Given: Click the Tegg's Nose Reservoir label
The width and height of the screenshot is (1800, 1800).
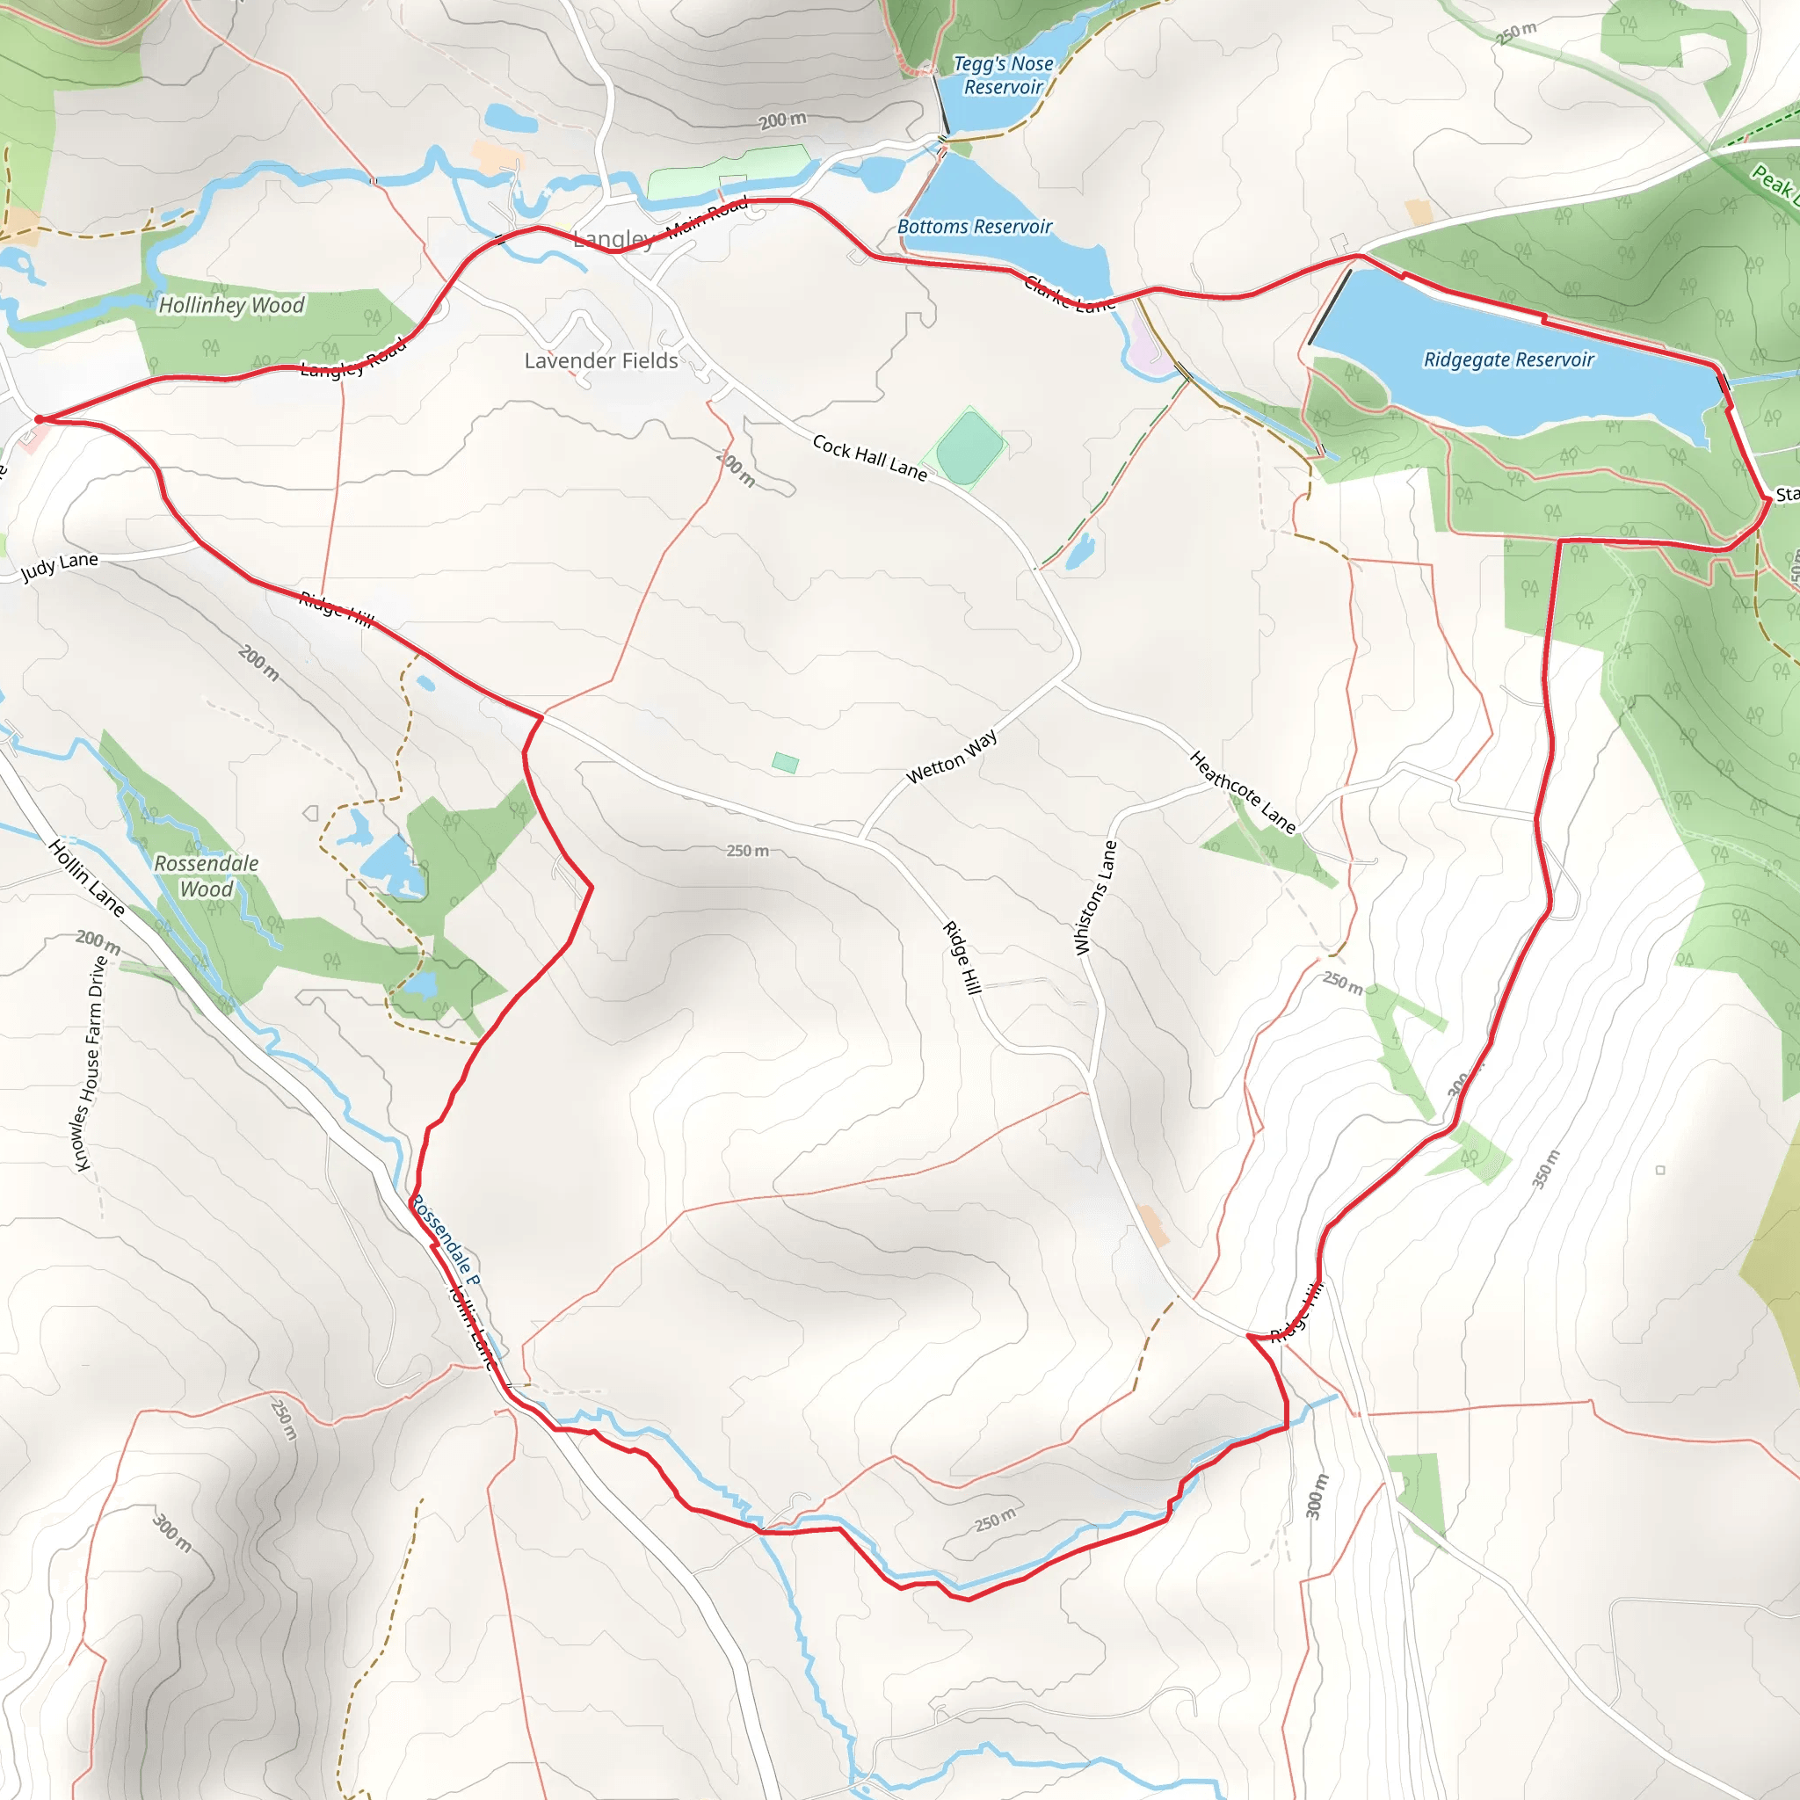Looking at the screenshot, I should [1003, 76].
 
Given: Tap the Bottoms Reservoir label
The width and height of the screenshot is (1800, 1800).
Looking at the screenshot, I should [974, 227].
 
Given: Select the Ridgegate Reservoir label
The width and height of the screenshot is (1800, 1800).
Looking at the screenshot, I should [1508, 359].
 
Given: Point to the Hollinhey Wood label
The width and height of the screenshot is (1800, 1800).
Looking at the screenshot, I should [231, 305].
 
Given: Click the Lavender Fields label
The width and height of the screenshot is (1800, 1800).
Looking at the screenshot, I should [601, 360].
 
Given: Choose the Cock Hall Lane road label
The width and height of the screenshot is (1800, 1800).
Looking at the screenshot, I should [869, 457].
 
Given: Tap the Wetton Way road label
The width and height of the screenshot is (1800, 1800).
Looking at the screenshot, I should [951, 756].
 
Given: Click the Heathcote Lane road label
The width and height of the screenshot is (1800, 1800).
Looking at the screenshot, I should [1243, 792].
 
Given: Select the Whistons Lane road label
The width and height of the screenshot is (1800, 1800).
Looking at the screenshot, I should [1096, 897].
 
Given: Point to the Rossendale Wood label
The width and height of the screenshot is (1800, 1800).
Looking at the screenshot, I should [206, 875].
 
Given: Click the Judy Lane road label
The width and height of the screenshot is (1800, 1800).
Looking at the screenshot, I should [60, 565].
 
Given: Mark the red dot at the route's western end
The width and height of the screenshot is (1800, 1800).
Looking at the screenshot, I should [40, 419].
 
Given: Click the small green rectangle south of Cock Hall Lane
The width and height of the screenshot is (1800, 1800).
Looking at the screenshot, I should [785, 763].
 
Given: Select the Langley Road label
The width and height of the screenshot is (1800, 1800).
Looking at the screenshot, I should [353, 358].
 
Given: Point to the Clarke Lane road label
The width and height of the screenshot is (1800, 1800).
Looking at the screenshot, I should [1070, 294].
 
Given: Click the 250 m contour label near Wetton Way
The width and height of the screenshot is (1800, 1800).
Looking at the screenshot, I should [747, 851].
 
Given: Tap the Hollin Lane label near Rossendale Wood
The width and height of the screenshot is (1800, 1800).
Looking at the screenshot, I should [86, 876].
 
